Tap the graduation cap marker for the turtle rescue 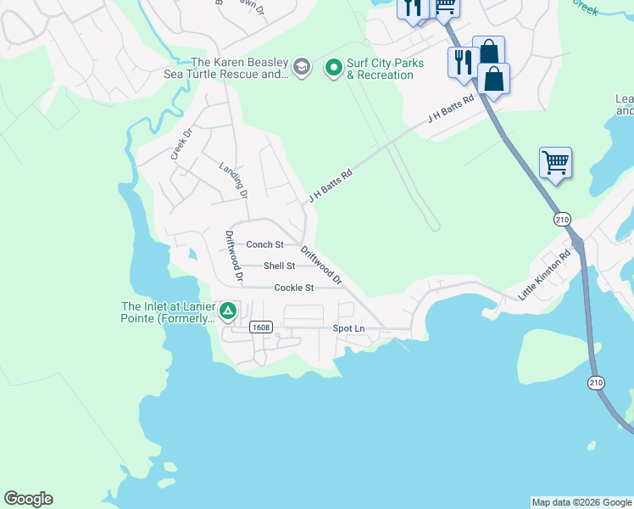(302, 66)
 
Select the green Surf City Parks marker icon (334, 66)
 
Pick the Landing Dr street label (233, 180)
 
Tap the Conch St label (264, 244)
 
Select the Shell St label (279, 266)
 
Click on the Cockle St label (294, 288)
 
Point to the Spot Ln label (348, 328)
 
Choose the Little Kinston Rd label (545, 275)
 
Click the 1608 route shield (260, 327)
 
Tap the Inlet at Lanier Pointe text (166, 312)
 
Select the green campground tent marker (227, 311)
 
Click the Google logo (28, 499)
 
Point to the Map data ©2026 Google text (581, 502)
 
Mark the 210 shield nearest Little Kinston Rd (563, 219)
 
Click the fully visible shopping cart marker (555, 161)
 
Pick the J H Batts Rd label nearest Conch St (330, 184)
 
